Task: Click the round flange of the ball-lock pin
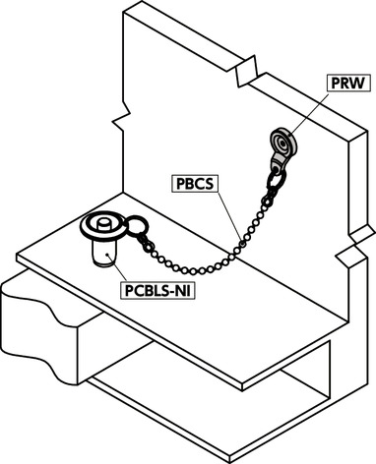[101, 232]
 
